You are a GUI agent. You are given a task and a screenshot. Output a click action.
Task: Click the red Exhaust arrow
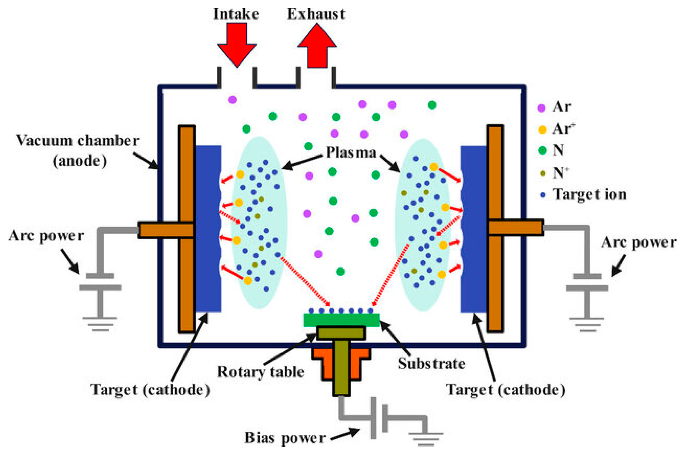[317, 47]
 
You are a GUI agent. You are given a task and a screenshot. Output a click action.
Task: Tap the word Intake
[236, 14]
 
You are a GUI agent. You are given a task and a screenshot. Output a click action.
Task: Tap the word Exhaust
[316, 14]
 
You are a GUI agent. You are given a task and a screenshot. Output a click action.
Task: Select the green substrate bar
[341, 320]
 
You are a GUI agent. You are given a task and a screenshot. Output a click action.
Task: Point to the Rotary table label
[260, 372]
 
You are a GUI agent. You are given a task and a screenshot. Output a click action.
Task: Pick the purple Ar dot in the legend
[541, 108]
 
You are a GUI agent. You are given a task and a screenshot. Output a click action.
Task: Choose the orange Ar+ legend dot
[542, 130]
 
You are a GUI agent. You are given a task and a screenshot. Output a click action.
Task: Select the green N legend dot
[542, 150]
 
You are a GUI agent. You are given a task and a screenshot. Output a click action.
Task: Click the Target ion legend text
[589, 194]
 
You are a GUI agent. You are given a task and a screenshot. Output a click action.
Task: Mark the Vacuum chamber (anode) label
[77, 150]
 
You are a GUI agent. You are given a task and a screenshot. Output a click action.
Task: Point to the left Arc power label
[46, 236]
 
